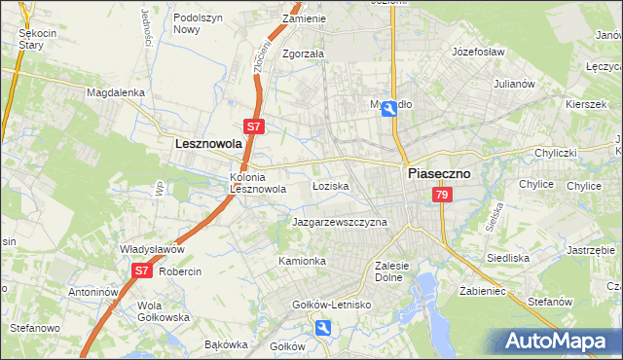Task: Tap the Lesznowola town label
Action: coord(207,143)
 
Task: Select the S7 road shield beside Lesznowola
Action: coord(253,126)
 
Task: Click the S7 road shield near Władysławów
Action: coord(142,270)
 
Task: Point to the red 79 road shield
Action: coord(443,196)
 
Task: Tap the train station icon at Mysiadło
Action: coord(389,109)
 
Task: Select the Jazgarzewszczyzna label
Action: coord(340,222)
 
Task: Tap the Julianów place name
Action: coord(515,84)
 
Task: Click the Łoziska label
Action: coord(330,185)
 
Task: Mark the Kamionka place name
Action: coord(302,261)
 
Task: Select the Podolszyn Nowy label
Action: coord(199,23)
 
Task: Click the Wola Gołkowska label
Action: coord(164,311)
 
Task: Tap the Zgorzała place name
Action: coord(303,54)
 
